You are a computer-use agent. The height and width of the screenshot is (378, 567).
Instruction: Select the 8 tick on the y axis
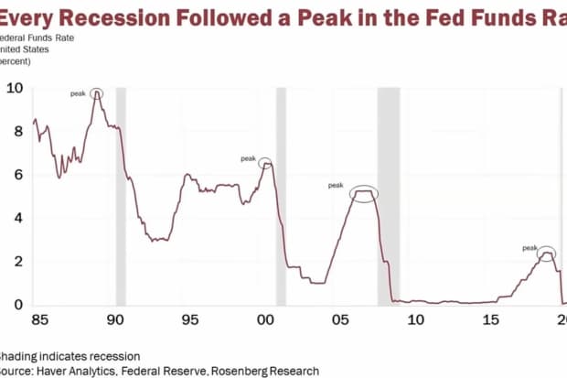pos(17,131)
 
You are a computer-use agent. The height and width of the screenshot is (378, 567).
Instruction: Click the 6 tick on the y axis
pos(17,174)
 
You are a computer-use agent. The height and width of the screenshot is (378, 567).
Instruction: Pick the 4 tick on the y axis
pos(17,218)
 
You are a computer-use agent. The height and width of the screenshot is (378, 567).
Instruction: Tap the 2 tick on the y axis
pos(17,261)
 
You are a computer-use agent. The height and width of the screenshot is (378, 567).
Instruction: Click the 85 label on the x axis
pos(38,320)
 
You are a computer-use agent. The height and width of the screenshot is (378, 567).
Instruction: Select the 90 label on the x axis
pos(113,320)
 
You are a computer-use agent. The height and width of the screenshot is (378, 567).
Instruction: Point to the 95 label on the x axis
pos(189,320)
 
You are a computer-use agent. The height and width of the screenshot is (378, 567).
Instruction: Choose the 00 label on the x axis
pos(264,320)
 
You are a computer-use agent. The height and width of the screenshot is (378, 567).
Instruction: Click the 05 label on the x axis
pos(340,320)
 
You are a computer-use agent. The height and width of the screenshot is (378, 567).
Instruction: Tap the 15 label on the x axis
pos(491,320)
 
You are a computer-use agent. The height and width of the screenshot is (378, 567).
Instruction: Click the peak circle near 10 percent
pos(96,94)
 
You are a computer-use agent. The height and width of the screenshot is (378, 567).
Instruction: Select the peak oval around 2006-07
pos(363,193)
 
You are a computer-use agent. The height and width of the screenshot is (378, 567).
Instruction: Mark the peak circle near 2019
pos(546,254)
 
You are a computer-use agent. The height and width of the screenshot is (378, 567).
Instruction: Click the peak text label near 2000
pos(248,158)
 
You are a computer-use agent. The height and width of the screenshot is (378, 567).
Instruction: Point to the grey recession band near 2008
pos(389,197)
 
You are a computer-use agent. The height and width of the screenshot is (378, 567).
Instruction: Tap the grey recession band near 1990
pos(120,197)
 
